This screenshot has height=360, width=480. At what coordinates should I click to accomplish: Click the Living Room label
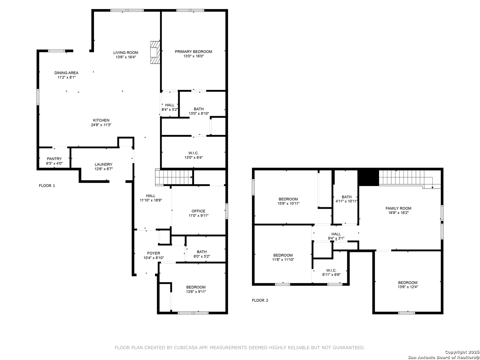click(x=126, y=52)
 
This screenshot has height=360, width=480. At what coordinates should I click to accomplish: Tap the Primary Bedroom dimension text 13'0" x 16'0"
click(x=193, y=56)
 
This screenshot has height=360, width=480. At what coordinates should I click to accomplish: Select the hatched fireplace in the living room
click(x=155, y=52)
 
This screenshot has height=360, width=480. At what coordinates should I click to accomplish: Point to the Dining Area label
click(x=66, y=73)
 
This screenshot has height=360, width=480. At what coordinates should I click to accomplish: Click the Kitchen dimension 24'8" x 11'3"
click(x=101, y=125)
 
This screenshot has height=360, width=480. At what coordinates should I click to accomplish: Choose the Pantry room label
click(x=54, y=159)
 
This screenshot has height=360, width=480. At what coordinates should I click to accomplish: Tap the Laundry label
click(x=103, y=164)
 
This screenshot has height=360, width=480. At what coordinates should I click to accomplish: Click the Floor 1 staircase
click(x=174, y=177)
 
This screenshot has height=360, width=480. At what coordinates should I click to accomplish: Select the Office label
click(x=198, y=211)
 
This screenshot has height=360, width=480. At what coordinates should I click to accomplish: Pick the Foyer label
click(x=154, y=253)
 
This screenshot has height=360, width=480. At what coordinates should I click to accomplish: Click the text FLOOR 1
click(x=47, y=186)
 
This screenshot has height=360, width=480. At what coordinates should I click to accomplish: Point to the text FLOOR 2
click(x=260, y=300)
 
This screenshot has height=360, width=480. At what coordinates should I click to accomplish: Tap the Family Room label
click(x=398, y=208)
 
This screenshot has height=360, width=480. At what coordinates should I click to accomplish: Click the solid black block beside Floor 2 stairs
click(x=368, y=178)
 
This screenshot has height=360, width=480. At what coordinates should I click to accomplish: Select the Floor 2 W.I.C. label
click(x=331, y=270)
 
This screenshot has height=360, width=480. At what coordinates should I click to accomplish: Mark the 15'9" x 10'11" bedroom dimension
click(x=288, y=203)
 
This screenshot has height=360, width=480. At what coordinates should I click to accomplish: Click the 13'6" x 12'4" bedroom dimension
click(x=408, y=287)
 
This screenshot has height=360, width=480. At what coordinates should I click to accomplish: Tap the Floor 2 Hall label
click(x=336, y=234)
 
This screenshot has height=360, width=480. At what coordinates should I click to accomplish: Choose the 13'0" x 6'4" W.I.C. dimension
click(x=194, y=157)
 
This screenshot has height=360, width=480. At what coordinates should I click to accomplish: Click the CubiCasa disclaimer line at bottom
click(x=240, y=348)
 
